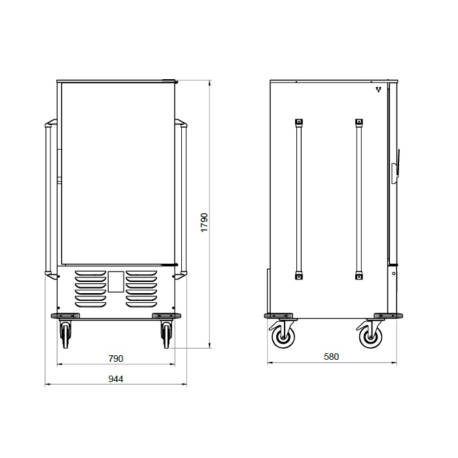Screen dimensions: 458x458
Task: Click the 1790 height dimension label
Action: pyautogui.click(x=204, y=222)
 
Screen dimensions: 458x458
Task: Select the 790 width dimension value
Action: pyautogui.click(x=116, y=359)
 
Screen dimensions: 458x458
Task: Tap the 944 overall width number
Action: pyautogui.click(x=116, y=379)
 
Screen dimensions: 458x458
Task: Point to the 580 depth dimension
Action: pyautogui.click(x=332, y=357)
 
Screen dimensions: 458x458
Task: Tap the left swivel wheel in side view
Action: pyautogui.click(x=282, y=336)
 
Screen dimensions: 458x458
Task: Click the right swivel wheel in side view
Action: pyautogui.click(x=370, y=336)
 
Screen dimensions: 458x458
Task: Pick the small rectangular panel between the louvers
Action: pyautogui.click(x=116, y=281)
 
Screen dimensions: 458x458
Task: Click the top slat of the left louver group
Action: pyautogui.click(x=90, y=273)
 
